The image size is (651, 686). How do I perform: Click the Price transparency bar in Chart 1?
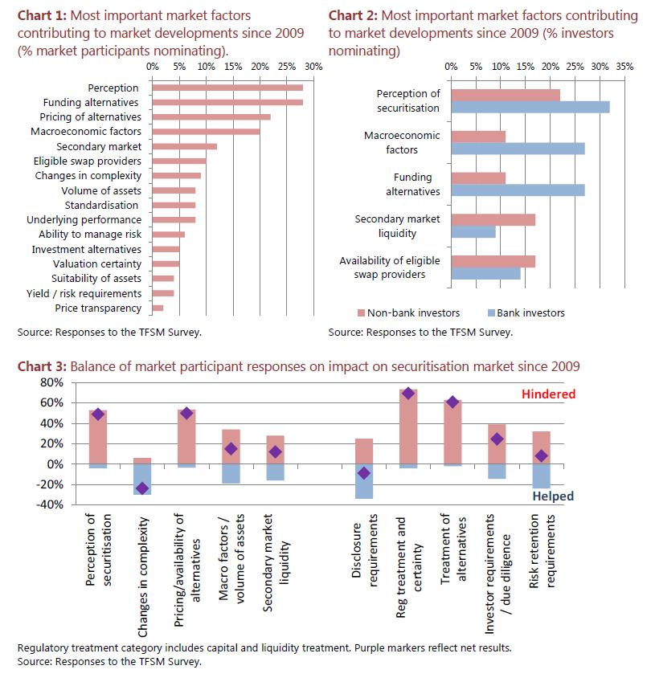pyautogui.click(x=158, y=308)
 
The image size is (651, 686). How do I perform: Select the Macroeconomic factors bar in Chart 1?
pyautogui.click(x=207, y=132)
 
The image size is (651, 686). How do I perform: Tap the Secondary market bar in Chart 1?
pyautogui.click(x=185, y=146)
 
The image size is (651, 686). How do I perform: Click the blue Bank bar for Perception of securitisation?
pyautogui.click(x=530, y=107)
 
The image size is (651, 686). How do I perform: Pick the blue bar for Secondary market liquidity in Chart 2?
pyautogui.click(x=473, y=232)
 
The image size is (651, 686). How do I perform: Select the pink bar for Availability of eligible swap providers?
pyautogui.click(x=493, y=262)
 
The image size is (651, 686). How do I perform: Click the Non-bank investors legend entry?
pyautogui.click(x=409, y=312)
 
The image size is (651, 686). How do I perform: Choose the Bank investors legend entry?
pyautogui.click(x=526, y=312)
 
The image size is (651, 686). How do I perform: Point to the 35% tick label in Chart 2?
pyautogui.click(x=624, y=67)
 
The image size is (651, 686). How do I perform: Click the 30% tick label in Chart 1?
pyautogui.click(x=313, y=67)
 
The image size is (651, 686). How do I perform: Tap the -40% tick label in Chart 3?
pyautogui.click(x=50, y=504)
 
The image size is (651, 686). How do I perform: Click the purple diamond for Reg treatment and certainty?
pyautogui.click(x=408, y=394)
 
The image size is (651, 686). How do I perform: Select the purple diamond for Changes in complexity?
pyautogui.click(x=142, y=488)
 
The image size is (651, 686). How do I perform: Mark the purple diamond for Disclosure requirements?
pyautogui.click(x=364, y=473)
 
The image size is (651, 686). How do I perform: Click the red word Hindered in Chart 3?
pyautogui.click(x=549, y=394)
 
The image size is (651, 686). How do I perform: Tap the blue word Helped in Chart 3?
pyautogui.click(x=553, y=496)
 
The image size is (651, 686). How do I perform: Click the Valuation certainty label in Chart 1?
pyautogui.click(x=97, y=264)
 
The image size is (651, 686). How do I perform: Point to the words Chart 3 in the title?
pyautogui.click(x=42, y=366)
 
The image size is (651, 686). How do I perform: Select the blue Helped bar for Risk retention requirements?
pyautogui.click(x=541, y=476)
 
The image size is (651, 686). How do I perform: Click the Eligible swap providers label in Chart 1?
pyautogui.click(x=88, y=161)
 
